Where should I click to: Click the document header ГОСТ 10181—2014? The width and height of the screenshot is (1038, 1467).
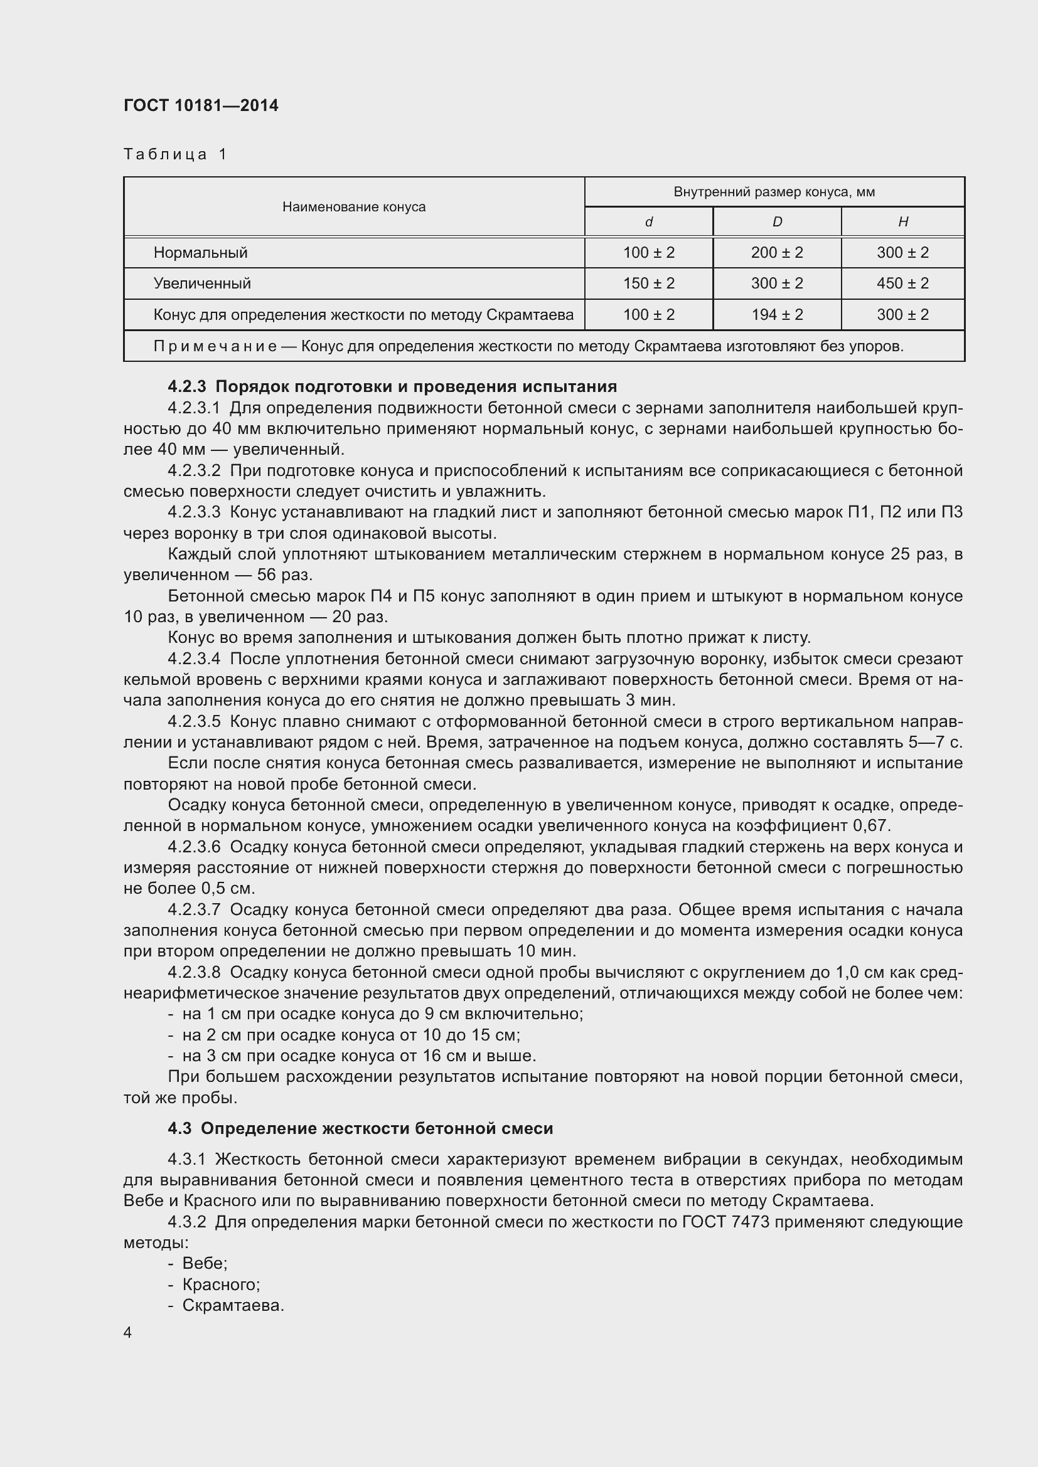click(201, 105)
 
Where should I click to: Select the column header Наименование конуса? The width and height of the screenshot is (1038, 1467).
click(353, 206)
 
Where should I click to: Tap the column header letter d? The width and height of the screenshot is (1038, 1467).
click(648, 221)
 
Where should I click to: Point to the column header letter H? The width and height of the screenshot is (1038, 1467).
click(902, 221)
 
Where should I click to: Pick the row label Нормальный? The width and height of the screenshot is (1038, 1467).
click(200, 252)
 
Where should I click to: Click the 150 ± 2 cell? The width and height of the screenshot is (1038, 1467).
click(648, 283)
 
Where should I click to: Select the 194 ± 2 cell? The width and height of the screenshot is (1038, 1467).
click(776, 314)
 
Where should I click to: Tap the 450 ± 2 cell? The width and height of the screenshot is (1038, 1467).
click(902, 283)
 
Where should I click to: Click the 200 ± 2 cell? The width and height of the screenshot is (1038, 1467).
click(776, 252)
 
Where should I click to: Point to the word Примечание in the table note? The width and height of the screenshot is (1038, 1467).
click(215, 346)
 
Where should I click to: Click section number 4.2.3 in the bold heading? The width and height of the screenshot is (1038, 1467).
click(186, 386)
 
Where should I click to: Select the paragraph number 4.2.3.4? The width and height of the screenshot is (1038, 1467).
click(194, 659)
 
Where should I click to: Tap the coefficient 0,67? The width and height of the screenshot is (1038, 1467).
click(870, 825)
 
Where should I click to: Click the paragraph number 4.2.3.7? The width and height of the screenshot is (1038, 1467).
click(194, 909)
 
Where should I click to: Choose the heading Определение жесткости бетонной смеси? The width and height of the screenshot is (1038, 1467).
click(377, 1128)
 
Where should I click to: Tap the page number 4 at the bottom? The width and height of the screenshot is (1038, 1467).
click(128, 1333)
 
